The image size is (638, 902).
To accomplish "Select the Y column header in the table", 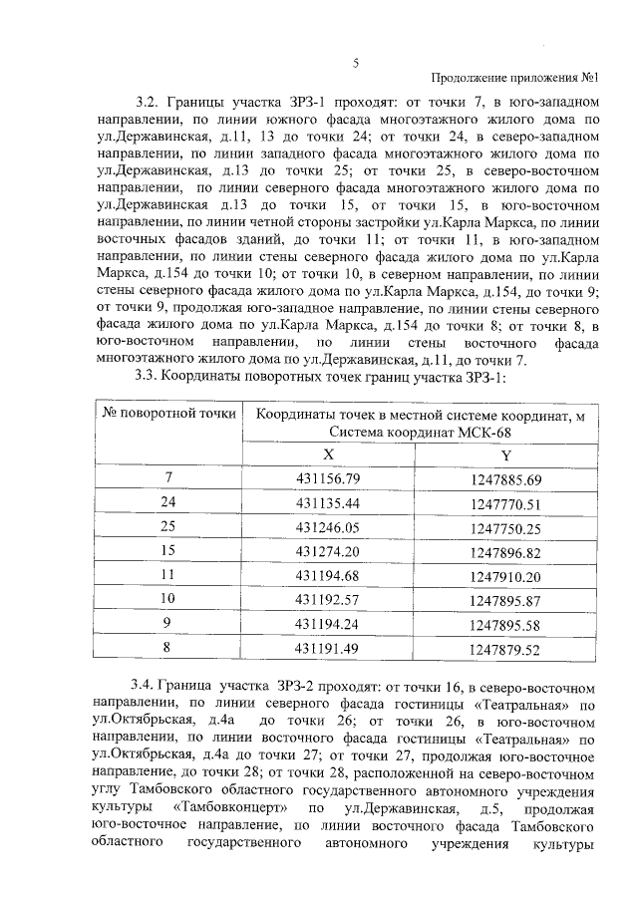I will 505,454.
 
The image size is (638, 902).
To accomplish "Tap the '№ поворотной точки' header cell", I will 167,415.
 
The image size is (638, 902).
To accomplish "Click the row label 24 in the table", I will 167,503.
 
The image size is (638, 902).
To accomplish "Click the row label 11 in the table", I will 167,575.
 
